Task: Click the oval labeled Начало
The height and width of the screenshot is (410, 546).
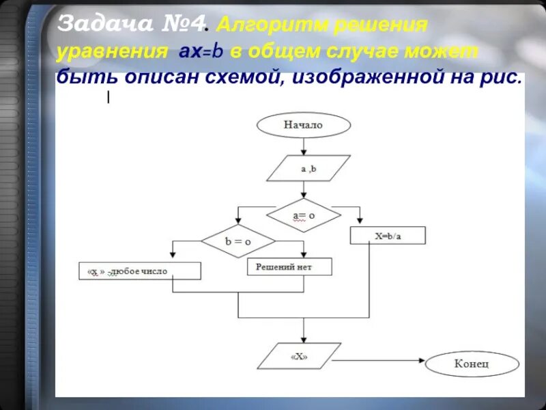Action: pyautogui.click(x=303, y=125)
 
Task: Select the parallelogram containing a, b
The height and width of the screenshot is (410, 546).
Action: pyautogui.click(x=308, y=168)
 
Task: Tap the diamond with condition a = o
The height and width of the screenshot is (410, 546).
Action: pyautogui.click(x=303, y=216)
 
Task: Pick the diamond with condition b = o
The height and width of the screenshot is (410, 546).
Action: pyautogui.click(x=238, y=241)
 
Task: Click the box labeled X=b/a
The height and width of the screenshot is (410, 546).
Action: pyautogui.click(x=388, y=236)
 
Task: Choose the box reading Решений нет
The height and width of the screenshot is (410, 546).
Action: pyautogui.click(x=289, y=266)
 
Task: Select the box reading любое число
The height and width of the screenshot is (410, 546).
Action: pyautogui.click(x=140, y=271)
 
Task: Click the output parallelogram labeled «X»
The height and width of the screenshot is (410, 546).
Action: pyautogui.click(x=298, y=357)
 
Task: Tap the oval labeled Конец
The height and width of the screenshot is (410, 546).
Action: pyautogui.click(x=472, y=364)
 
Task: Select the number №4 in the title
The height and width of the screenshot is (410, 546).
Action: pyautogui.click(x=184, y=25)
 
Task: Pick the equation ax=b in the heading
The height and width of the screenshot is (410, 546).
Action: pyautogui.click(x=197, y=52)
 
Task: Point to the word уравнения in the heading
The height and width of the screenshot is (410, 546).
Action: pyautogui.click(x=112, y=52)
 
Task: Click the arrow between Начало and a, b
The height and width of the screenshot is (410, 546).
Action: pyautogui.click(x=304, y=146)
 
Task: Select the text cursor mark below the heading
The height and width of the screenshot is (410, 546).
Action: pyautogui.click(x=108, y=98)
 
